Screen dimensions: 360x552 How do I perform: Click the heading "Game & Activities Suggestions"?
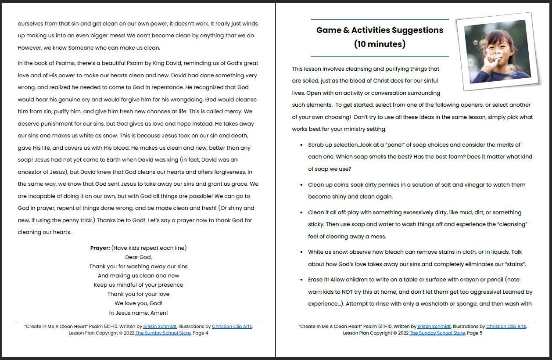[380, 30]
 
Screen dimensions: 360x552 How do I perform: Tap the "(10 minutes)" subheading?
[380, 44]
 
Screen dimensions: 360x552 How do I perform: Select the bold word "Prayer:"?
[100, 248]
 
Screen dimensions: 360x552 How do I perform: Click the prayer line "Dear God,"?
[138, 257]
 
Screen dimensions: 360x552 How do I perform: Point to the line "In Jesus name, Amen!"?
[138, 313]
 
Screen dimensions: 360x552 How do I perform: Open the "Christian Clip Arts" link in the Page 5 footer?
[506, 327]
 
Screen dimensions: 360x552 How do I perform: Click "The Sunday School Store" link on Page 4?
[163, 333]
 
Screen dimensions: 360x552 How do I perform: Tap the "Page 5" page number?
[474, 333]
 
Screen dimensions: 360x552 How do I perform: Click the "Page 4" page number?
[200, 333]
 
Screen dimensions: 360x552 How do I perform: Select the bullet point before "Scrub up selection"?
[301, 145]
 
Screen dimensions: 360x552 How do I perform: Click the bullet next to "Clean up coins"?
[301, 185]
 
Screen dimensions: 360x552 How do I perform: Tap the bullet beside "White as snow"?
[301, 252]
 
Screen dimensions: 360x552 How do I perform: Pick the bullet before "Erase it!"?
[301, 280]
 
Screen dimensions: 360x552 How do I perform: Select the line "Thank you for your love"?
[138, 294]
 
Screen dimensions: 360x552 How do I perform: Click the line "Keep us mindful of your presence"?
[138, 285]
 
